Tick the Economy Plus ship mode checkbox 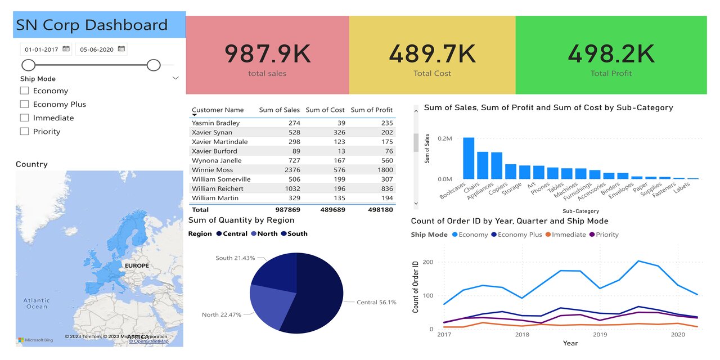point(24,104)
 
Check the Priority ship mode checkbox point(24,131)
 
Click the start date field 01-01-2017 point(42,49)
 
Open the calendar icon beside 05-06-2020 point(121,49)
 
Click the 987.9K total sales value point(267,54)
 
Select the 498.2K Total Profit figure point(611,54)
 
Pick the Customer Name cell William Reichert point(218,188)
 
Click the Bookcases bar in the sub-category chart point(469,158)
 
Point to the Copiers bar point(511,172)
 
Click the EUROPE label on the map point(137,265)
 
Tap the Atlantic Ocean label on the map point(37,304)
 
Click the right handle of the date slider point(154,65)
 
